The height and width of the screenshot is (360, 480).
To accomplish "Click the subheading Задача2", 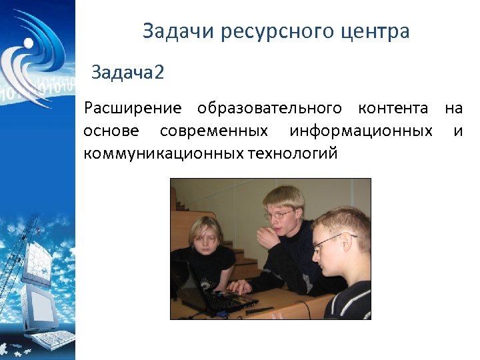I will pos(127,72).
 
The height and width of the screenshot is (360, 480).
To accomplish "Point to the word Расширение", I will pos(133,108).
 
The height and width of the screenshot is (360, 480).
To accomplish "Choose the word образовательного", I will pos(269,108).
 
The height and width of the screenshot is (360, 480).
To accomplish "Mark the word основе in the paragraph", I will pos(112,131).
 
